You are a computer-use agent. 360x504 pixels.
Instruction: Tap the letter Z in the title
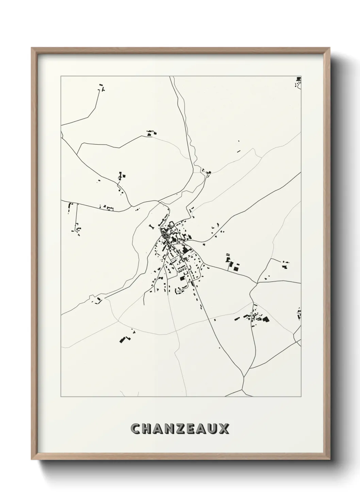tap(180, 429)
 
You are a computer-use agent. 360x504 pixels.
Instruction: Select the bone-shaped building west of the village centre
tap(151, 226)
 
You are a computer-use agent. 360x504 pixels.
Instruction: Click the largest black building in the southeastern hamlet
tap(265, 319)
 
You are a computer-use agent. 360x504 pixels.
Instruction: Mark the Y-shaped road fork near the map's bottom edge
tap(244, 377)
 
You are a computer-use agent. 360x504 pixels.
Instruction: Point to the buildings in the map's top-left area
tap(101, 88)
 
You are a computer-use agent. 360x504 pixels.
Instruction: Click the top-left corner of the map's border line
tap(61, 76)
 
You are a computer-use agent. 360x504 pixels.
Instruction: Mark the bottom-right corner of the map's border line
tap(301, 397)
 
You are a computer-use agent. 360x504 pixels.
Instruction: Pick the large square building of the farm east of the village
tap(236, 268)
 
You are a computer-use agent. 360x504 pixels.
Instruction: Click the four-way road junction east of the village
tap(258, 282)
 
